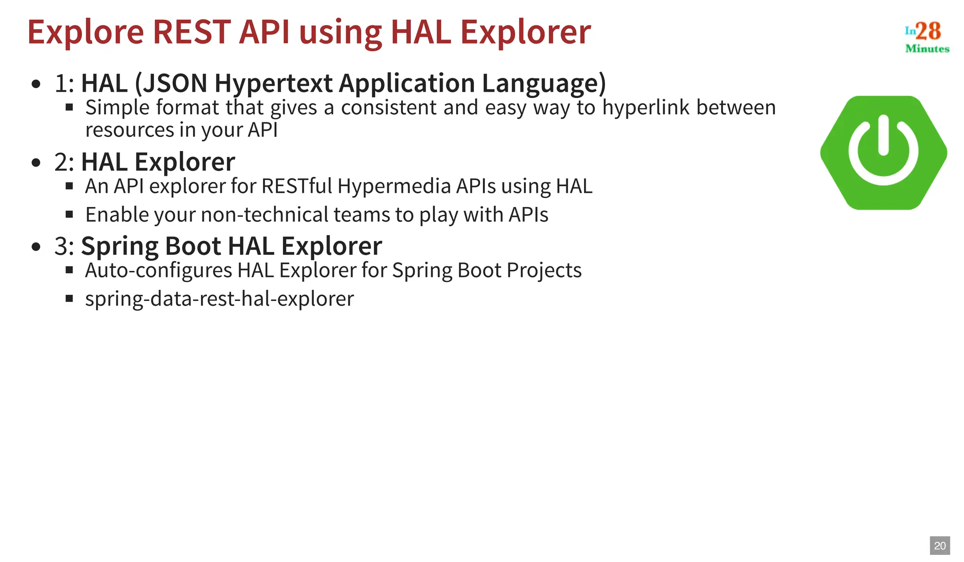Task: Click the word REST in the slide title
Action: pyautogui.click(x=192, y=32)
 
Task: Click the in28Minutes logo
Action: pyautogui.click(x=926, y=37)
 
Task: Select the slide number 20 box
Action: pyautogui.click(x=940, y=546)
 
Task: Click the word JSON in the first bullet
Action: pyautogui.click(x=175, y=83)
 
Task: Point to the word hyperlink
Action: pyautogui.click(x=646, y=107)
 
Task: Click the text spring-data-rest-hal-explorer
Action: pyautogui.click(x=219, y=299)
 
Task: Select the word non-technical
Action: pyautogui.click(x=265, y=214)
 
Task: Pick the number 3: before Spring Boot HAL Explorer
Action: pyautogui.click(x=64, y=246)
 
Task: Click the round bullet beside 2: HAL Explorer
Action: pyautogui.click(x=36, y=163)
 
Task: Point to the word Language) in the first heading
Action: pyautogui.click(x=544, y=83)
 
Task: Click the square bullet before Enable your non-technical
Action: pyautogui.click(x=69, y=214)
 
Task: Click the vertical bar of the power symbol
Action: pyautogui.click(x=883, y=135)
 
